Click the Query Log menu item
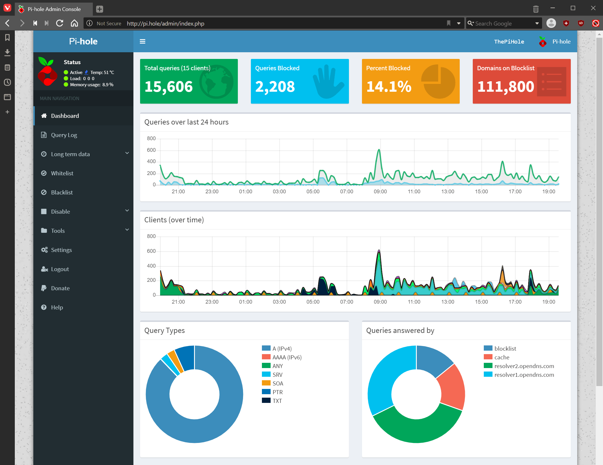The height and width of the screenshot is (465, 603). (64, 135)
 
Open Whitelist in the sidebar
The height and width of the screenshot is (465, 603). (62, 173)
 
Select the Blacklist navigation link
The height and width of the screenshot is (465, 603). (62, 192)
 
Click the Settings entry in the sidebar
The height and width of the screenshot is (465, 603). (61, 250)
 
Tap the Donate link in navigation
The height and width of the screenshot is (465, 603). (60, 288)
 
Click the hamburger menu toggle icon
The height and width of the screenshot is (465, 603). (142, 42)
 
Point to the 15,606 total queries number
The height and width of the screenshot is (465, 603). (169, 86)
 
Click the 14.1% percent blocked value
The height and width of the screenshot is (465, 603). (389, 86)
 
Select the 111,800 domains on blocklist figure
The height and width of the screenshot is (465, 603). (505, 86)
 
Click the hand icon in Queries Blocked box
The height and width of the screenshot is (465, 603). (328, 82)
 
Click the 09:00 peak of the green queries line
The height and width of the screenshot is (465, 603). (379, 150)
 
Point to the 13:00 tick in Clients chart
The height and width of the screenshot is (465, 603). (448, 302)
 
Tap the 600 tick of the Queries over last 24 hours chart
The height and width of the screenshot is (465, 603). (151, 150)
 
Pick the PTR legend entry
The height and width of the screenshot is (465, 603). (277, 392)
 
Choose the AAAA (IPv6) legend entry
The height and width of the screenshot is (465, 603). (287, 357)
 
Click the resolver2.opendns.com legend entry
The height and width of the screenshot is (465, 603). (524, 366)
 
